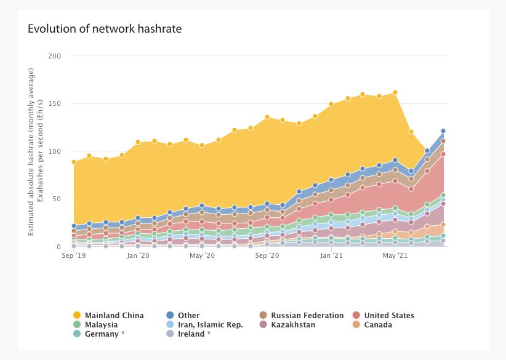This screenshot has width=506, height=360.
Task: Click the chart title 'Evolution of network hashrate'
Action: pos(105,29)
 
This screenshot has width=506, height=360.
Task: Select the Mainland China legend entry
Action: pos(114,316)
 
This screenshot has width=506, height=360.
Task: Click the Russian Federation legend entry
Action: pos(307,316)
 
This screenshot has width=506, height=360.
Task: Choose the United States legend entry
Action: pos(388,316)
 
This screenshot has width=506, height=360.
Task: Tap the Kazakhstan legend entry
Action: pos(292,325)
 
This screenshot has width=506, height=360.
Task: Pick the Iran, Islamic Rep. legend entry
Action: pos(211,325)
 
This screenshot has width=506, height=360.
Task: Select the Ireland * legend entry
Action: pos(194,334)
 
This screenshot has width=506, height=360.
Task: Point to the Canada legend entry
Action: pos(377,325)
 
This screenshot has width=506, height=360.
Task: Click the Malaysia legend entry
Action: pos(101,325)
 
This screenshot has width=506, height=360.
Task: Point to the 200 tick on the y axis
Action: pos(55,56)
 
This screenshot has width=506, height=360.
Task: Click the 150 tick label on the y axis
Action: pos(55,103)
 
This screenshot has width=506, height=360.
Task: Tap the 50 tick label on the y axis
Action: pos(57,199)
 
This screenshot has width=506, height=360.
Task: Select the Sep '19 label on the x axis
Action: pos(74,255)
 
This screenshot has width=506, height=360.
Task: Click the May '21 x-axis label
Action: pos(395,255)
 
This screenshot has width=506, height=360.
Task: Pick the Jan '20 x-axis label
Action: pos(138,255)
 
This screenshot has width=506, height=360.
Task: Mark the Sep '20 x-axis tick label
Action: pos(267,255)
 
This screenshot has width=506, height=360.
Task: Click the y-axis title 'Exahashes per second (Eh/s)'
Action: pos(41,151)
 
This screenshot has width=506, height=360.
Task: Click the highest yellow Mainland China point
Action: pos(395,92)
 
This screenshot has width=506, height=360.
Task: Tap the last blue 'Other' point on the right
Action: pos(443,130)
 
